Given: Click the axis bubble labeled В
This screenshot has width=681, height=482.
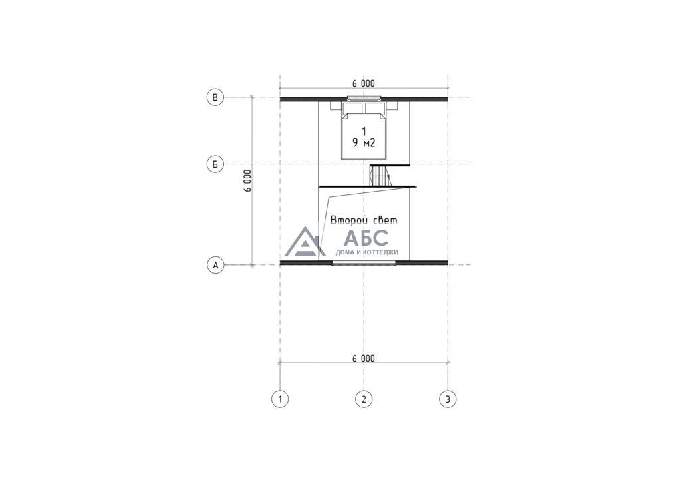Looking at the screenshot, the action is pos(215,97).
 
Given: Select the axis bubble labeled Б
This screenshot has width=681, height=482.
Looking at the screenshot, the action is pos(215,164).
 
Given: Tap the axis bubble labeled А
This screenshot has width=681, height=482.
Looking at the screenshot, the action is pos(215,265).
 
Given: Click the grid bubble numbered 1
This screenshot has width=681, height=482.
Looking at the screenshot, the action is pos(280,399).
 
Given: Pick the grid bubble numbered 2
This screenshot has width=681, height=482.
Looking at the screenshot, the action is pos(364,399).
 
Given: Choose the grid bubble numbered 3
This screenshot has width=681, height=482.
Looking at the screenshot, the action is pos(448,399).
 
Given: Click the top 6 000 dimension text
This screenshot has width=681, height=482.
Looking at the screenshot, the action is pos(364,83).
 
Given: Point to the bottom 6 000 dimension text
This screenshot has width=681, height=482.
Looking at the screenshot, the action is pos(364,359).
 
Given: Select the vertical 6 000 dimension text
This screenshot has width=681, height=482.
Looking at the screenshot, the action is pos(247,181).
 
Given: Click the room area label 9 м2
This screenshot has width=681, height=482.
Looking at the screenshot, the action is pos(364,143).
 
